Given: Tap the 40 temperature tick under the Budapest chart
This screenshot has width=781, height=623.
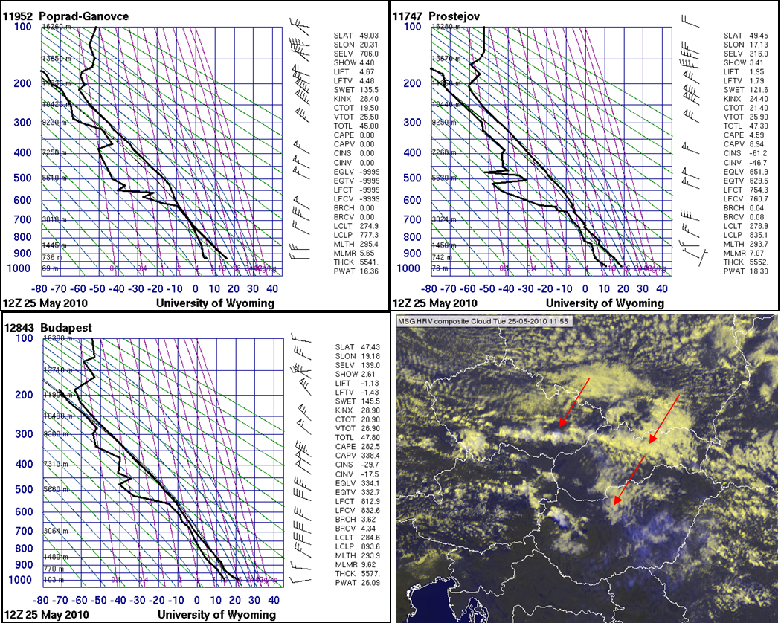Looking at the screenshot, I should (274, 600).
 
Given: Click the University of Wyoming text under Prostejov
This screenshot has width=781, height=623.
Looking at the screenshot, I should (605, 303).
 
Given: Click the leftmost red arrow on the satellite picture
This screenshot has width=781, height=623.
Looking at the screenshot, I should (576, 401).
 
